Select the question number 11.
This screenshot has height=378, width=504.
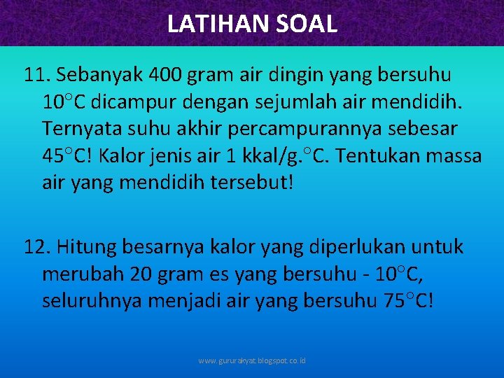pos(36,74)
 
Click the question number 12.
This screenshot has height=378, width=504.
pos(36,247)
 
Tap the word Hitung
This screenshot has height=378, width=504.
pos(87,247)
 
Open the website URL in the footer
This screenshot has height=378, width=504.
pos(252,361)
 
